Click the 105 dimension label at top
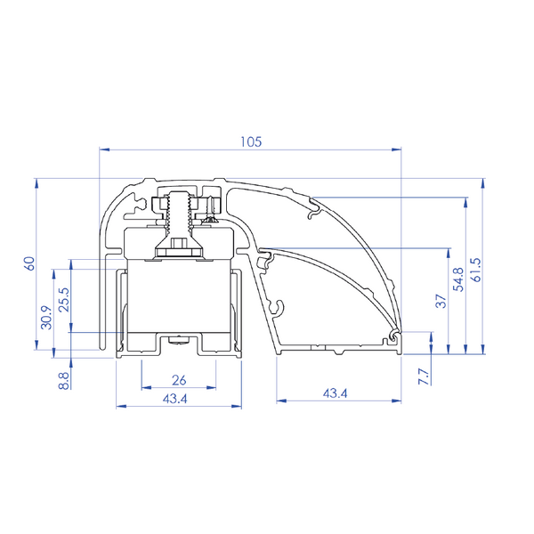pyautogui.click(x=251, y=142)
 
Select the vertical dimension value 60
pyautogui.click(x=29, y=263)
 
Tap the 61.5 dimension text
pyautogui.click(x=476, y=270)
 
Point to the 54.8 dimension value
pyautogui.click(x=459, y=279)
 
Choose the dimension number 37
pyautogui.click(x=441, y=302)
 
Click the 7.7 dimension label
pyautogui.click(x=424, y=376)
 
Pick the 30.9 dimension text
pyautogui.click(x=46, y=318)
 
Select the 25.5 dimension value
pyautogui.click(x=64, y=300)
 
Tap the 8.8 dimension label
pyautogui.click(x=64, y=381)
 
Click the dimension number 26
pyautogui.click(x=179, y=380)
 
